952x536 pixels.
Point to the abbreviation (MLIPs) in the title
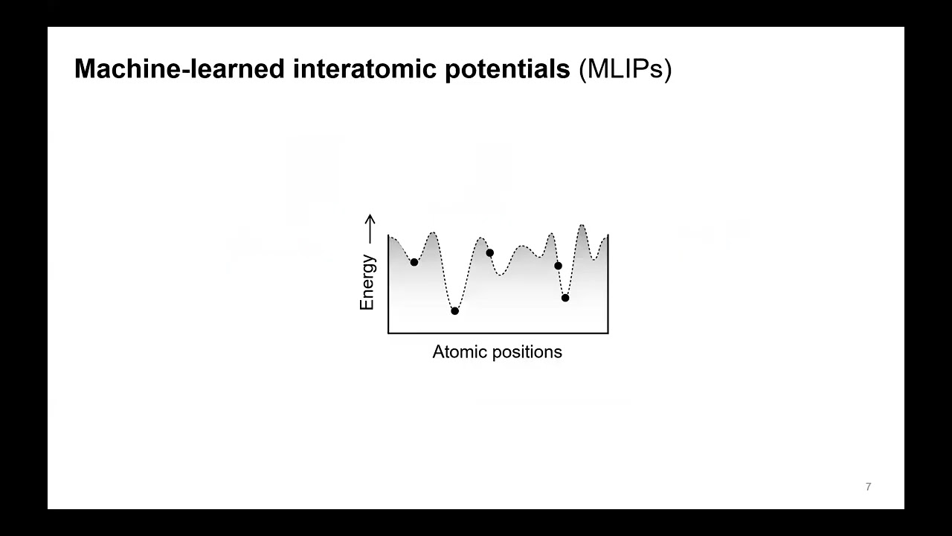click(625, 69)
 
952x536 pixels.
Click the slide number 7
click(868, 487)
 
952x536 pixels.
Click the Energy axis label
click(367, 282)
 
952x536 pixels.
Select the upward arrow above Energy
click(370, 228)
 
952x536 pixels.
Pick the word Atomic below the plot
click(456, 352)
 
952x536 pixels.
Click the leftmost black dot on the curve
click(414, 262)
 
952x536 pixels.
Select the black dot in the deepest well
click(455, 311)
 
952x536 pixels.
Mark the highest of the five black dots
click(489, 253)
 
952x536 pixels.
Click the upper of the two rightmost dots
click(558, 266)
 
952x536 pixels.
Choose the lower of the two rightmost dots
click(565, 298)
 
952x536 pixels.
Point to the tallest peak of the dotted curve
click(582, 225)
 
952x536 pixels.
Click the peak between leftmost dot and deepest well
click(432, 234)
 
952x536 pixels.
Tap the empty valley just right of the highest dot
click(501, 275)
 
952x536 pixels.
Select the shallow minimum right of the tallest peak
click(594, 260)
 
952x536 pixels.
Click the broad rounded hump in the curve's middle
click(522, 246)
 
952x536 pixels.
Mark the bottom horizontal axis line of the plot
click(498, 333)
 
